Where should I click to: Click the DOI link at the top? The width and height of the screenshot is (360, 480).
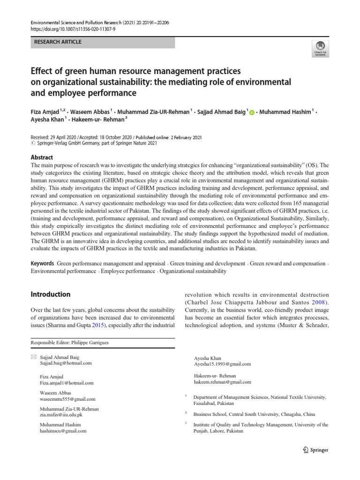tap(74, 29)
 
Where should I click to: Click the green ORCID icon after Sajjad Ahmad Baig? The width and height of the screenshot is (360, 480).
tap(251, 113)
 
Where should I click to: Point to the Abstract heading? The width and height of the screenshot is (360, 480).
tap(42, 157)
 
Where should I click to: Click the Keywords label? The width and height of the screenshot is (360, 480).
tap(42, 264)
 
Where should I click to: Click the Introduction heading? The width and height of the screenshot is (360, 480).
tap(51, 294)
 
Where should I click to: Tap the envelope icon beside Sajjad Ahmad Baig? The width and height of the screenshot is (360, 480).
tap(33, 357)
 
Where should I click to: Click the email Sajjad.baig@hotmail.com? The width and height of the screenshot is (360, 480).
tap(66, 363)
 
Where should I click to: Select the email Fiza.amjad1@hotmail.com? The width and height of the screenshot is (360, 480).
tap(67, 382)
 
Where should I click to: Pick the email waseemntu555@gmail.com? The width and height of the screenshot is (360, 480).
tap(67, 399)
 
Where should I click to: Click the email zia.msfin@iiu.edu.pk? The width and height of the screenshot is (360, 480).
tap(61, 415)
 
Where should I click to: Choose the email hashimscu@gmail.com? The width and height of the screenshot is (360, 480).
tap(63, 431)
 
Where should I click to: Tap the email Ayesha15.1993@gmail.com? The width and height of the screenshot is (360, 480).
tap(222, 363)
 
